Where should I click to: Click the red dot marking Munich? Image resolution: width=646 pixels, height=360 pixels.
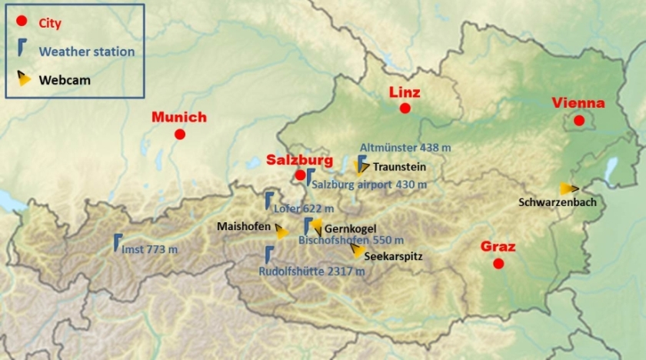point(180,134)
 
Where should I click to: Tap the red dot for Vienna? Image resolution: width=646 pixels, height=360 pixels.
point(579,120)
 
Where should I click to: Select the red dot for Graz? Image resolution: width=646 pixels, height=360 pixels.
point(498,264)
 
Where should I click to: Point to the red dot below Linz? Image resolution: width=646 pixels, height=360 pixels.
point(405,108)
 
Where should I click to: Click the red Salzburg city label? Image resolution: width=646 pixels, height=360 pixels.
point(299,160)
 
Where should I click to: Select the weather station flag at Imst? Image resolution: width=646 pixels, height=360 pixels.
point(117,242)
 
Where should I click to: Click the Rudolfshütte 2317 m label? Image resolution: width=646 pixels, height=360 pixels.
point(311,271)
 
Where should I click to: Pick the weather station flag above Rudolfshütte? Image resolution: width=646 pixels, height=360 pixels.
point(269,254)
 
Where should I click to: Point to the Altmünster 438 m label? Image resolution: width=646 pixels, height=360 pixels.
point(399,147)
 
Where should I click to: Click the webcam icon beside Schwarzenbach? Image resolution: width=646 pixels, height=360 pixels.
point(569,188)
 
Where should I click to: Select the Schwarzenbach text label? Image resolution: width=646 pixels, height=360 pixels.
point(558,202)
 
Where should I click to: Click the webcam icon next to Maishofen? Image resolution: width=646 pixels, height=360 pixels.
point(282,232)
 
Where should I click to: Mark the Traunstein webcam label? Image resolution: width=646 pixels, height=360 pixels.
point(399,166)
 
